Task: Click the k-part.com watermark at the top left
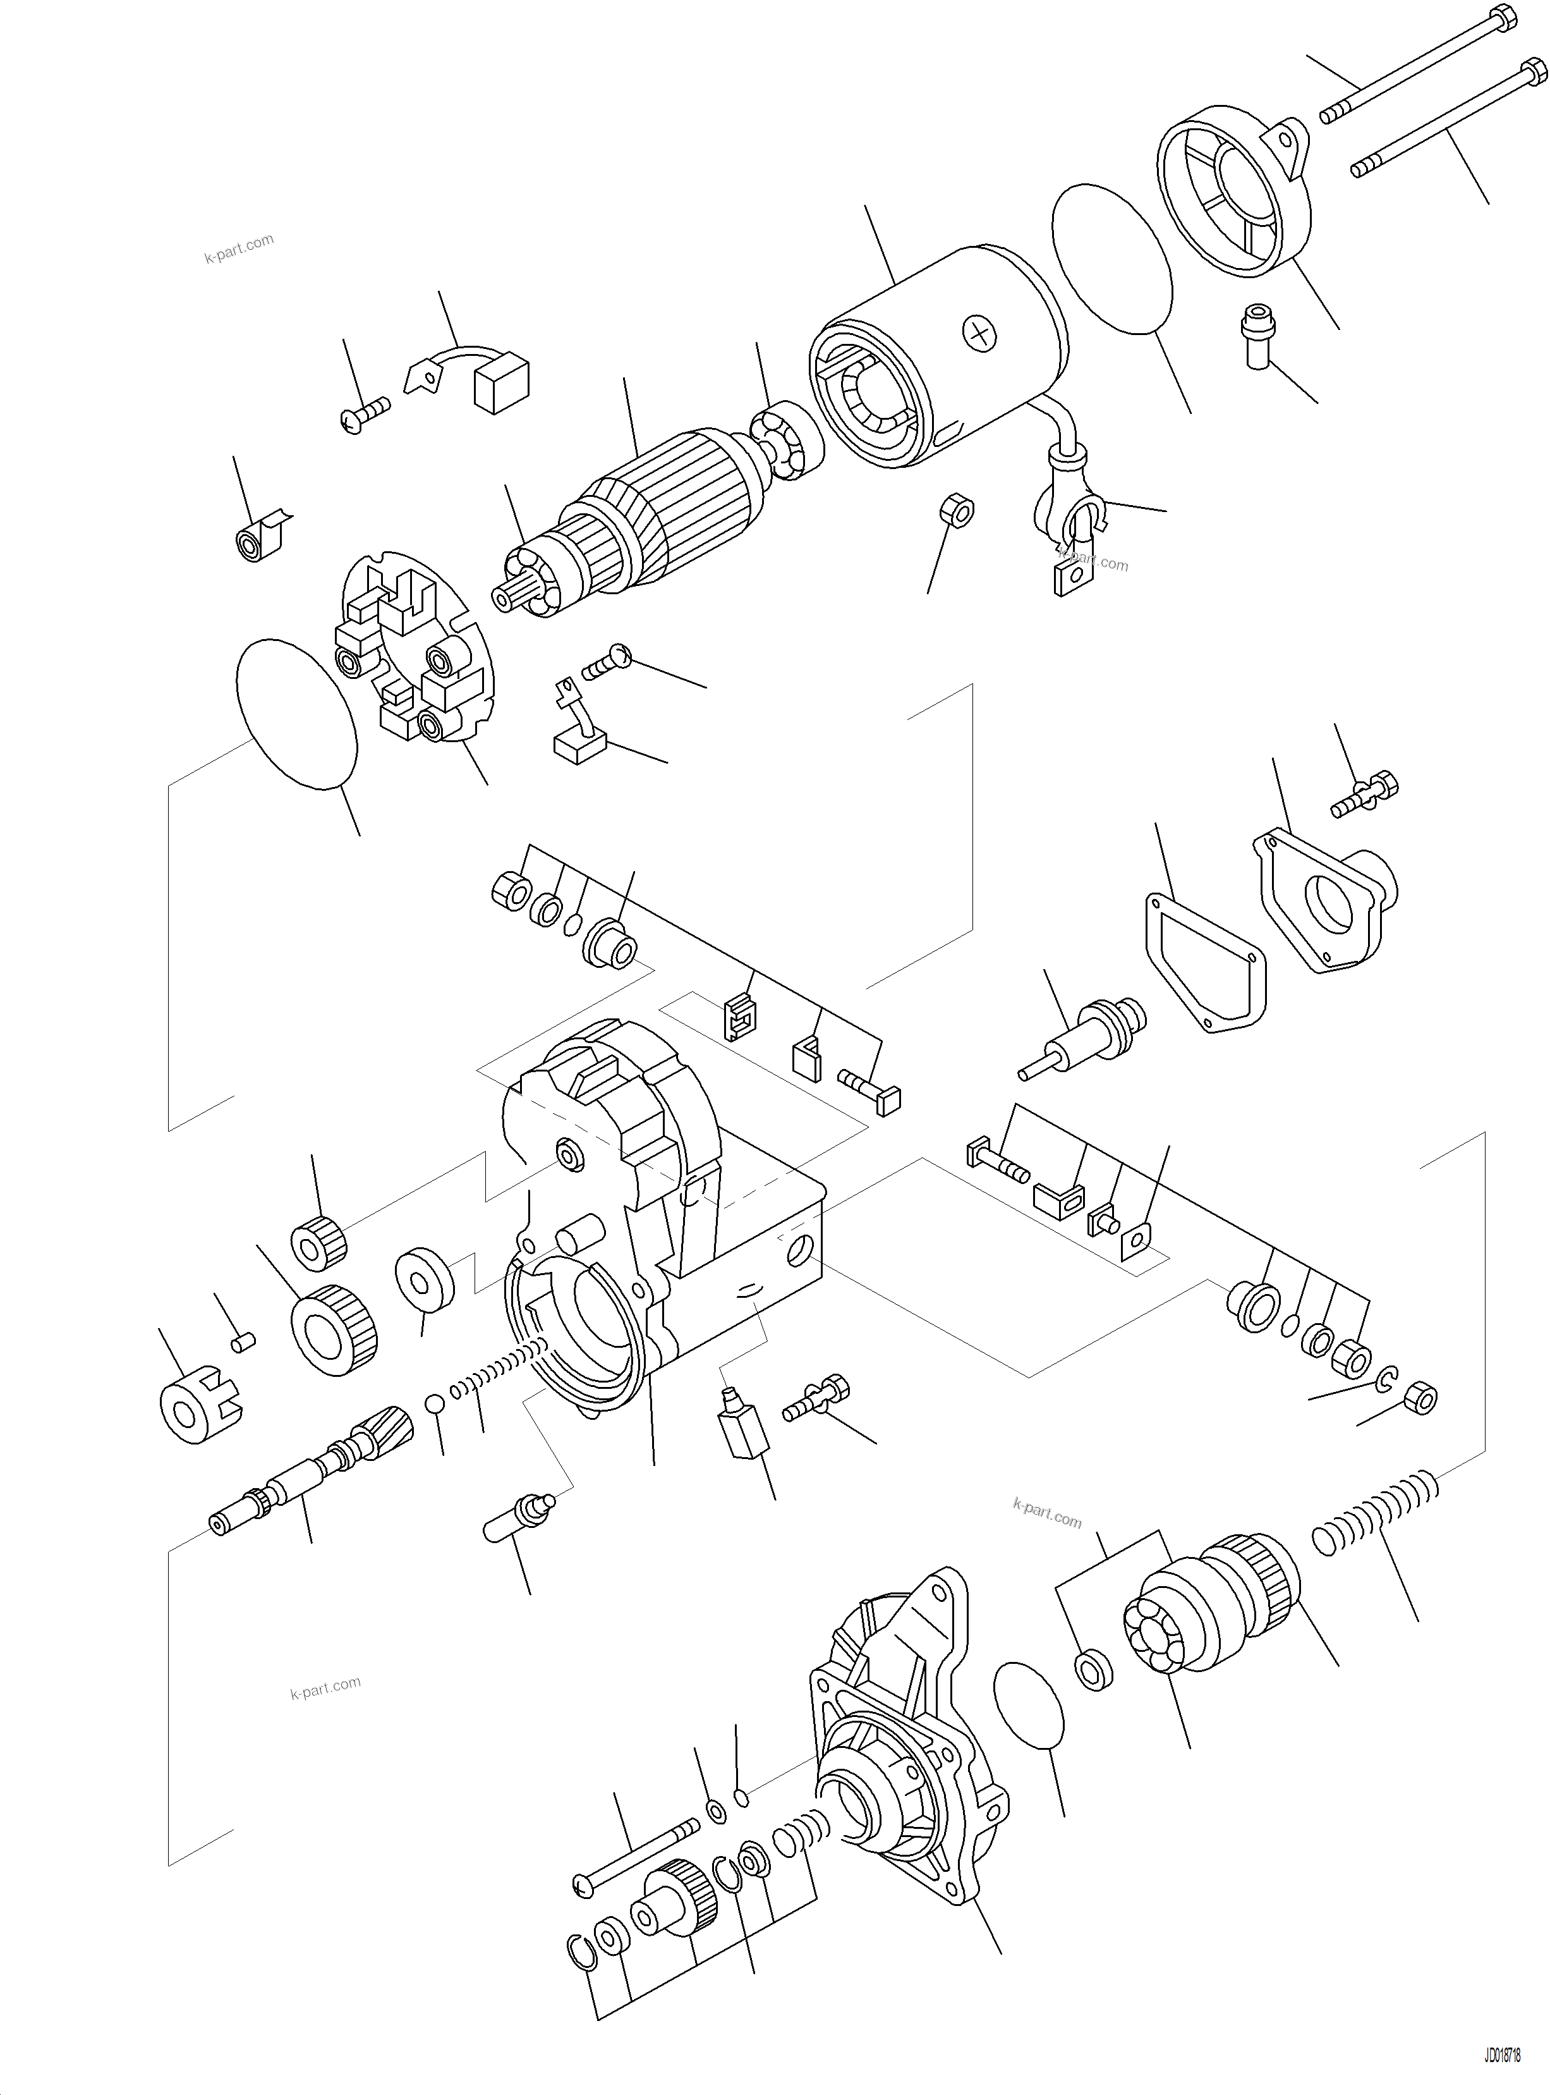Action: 239,248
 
